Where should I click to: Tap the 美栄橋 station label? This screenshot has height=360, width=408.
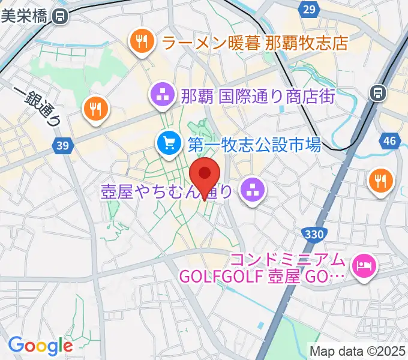click(24, 17)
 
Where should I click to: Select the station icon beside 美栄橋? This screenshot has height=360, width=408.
click(59, 17)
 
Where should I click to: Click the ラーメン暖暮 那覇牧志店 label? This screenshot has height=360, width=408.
click(255, 42)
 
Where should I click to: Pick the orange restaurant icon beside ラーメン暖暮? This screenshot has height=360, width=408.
click(142, 42)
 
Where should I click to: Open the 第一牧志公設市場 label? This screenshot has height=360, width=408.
click(255, 144)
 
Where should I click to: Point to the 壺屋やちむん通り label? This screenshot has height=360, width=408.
click(166, 191)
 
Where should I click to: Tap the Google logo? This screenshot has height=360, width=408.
click(40, 346)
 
